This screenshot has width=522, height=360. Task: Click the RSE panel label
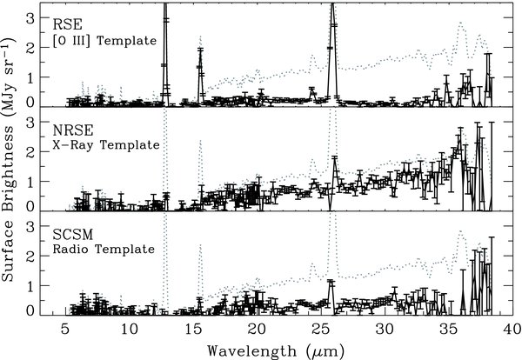(67, 24)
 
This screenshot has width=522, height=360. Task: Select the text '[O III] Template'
(104, 41)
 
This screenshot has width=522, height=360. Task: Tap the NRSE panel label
(73, 130)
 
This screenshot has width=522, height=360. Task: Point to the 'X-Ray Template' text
(106, 145)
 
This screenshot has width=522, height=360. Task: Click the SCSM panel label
(73, 235)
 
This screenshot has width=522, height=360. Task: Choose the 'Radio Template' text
(104, 250)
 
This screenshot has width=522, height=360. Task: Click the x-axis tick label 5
(65, 330)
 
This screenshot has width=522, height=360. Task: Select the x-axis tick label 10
(129, 330)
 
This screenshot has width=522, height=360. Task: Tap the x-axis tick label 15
(193, 330)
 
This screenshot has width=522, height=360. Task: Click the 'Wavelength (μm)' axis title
(276, 351)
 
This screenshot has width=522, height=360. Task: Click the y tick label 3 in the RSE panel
(30, 18)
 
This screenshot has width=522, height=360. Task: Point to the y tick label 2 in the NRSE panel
(30, 151)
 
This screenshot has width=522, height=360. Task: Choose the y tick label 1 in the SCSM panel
(31, 286)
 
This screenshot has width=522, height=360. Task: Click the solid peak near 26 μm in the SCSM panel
(331, 282)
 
